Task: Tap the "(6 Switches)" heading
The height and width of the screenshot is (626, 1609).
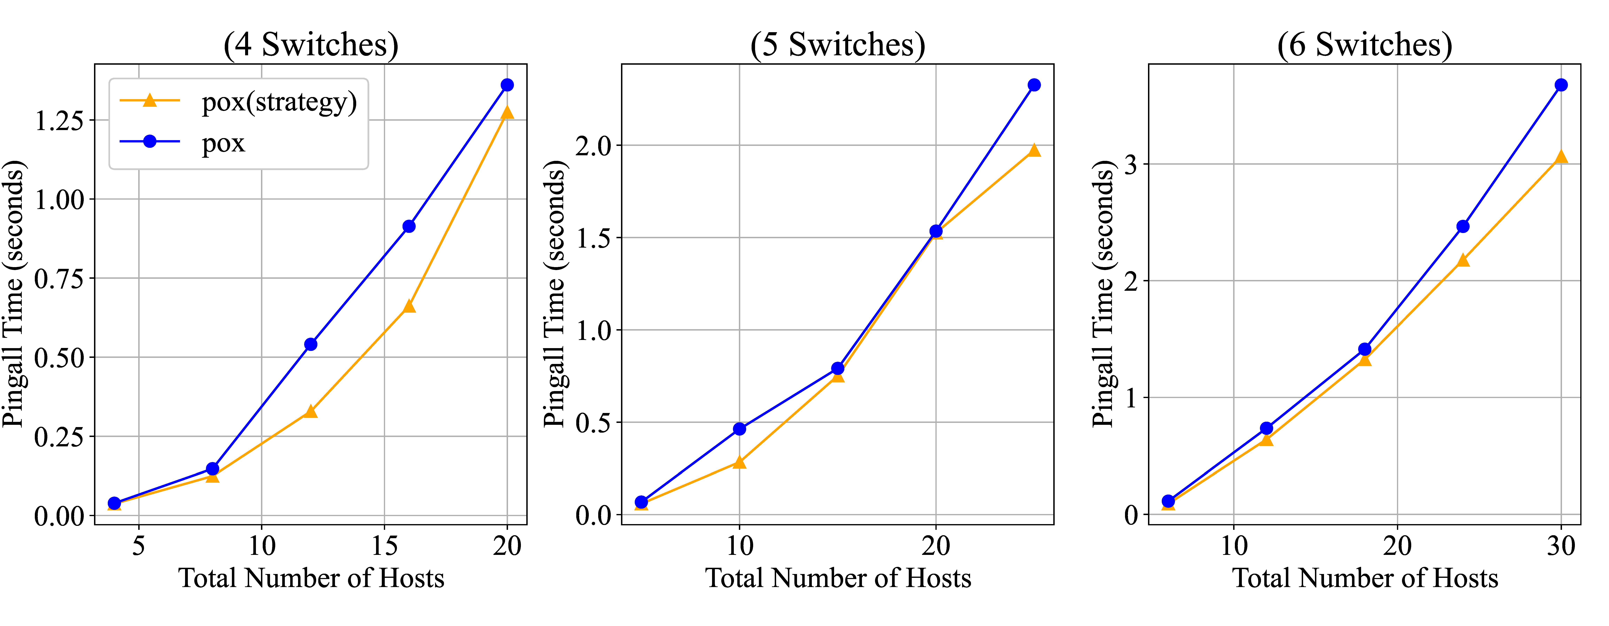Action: (x=1365, y=45)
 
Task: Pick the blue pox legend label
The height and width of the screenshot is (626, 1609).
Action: (x=223, y=143)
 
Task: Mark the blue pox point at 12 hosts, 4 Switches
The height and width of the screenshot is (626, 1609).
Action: (x=310, y=344)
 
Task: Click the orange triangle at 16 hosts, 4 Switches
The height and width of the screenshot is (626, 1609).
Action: (x=409, y=306)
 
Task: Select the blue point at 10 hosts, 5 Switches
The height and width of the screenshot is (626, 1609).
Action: (x=740, y=429)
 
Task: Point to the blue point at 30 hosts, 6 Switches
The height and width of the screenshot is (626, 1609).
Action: (x=1561, y=85)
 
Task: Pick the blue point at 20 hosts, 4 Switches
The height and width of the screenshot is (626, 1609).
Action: (x=507, y=85)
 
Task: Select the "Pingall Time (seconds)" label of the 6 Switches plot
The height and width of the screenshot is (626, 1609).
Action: (x=1103, y=293)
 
